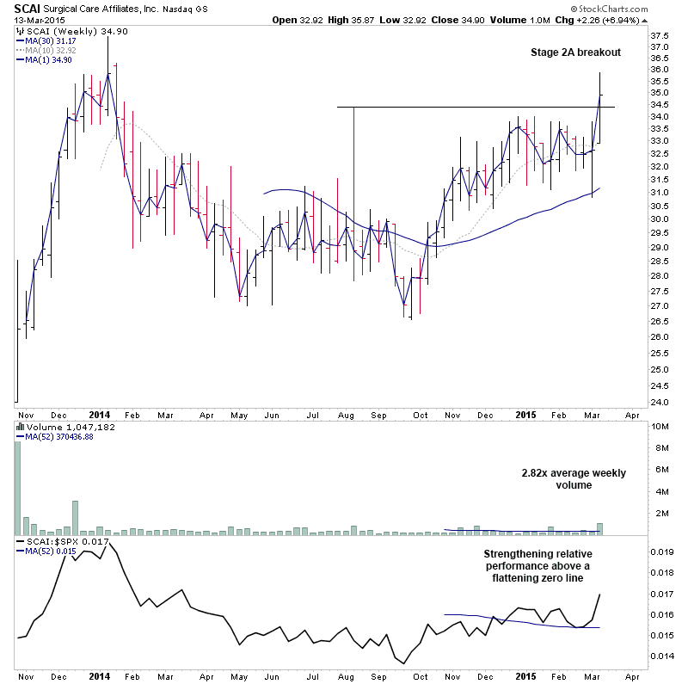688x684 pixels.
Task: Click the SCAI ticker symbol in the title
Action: pyautogui.click(x=26, y=8)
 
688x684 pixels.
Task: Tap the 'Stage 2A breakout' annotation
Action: pyautogui.click(x=574, y=52)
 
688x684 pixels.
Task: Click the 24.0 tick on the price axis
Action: pyautogui.click(x=660, y=403)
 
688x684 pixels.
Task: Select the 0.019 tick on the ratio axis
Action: pyautogui.click(x=661, y=552)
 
